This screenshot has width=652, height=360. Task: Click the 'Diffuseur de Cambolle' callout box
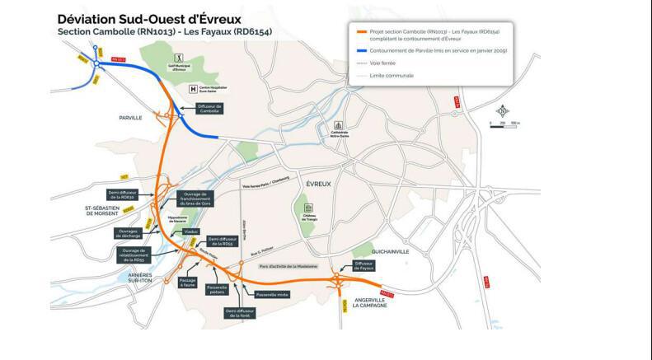tap(209, 109)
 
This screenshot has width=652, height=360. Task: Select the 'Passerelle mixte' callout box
tap(271, 294)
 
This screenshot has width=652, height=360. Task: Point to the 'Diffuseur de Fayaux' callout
tap(364, 265)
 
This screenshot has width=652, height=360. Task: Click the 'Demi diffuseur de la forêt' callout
tap(241, 312)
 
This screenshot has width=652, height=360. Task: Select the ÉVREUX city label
tap(317, 184)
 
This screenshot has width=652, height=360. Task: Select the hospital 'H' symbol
tap(194, 88)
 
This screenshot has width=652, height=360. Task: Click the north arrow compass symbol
tap(501, 110)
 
